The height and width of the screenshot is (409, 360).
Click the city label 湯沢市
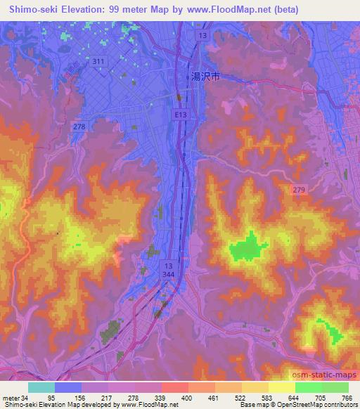(x=205, y=78)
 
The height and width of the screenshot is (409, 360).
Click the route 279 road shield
(x=299, y=189)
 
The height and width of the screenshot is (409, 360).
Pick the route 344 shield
(x=169, y=275)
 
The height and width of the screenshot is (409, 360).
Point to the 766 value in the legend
(x=347, y=398)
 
